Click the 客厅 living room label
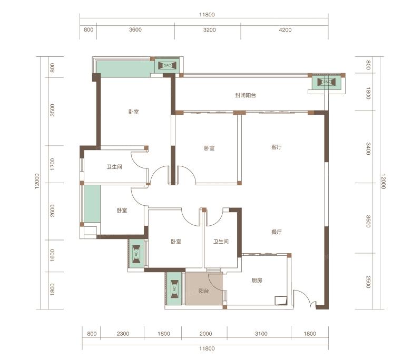pyautogui.click(x=277, y=147)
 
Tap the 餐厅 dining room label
pyautogui.click(x=277, y=232)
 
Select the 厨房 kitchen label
pyautogui.click(x=257, y=281)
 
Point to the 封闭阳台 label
pyautogui.click(x=246, y=95)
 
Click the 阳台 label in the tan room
pyautogui.click(x=204, y=291)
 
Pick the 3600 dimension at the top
pyautogui.click(x=135, y=29)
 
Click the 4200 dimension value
pyautogui.click(x=285, y=29)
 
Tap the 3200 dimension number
pyautogui.click(x=209, y=29)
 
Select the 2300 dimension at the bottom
pyautogui.click(x=123, y=334)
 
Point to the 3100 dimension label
pyautogui.click(x=261, y=334)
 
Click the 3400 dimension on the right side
pyautogui.click(x=368, y=148)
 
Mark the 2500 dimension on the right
pyautogui.click(x=368, y=282)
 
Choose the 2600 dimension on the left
pyautogui.click(x=53, y=211)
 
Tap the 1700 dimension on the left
pyautogui.click(x=53, y=164)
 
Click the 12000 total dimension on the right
pyautogui.click(x=383, y=181)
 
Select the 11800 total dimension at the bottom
pyautogui.click(x=207, y=349)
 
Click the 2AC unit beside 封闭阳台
pyautogui.click(x=326, y=82)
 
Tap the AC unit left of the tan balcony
pyautogui.click(x=174, y=289)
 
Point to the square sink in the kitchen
pyautogui.click(x=281, y=301)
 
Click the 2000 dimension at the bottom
pyautogui.click(x=206, y=334)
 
